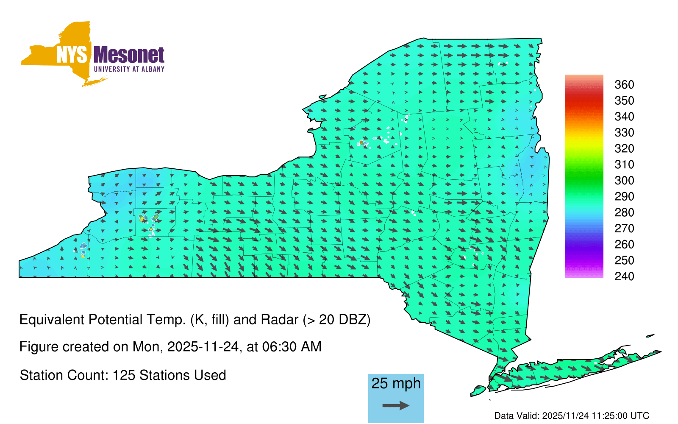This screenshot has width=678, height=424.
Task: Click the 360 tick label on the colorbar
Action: pos(624,84)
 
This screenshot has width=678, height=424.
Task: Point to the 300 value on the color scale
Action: pos(624,181)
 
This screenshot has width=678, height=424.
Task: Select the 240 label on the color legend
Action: pos(624,276)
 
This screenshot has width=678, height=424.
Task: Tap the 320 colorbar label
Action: pos(624,148)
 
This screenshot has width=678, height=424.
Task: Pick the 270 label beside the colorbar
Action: pos(624,229)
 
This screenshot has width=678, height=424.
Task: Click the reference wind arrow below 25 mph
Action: pos(396,405)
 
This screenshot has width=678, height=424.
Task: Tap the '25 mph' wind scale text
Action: pos(396,383)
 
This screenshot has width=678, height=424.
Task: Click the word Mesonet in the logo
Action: pos(129,55)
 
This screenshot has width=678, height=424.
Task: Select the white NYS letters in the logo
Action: pos(72,55)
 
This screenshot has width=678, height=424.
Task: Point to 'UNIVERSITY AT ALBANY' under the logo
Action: pos(129,69)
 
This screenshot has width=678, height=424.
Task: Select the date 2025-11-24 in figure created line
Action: pos(203,347)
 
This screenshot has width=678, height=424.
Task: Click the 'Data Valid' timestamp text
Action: pos(572,416)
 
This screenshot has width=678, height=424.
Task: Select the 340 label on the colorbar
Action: pos(624,117)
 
